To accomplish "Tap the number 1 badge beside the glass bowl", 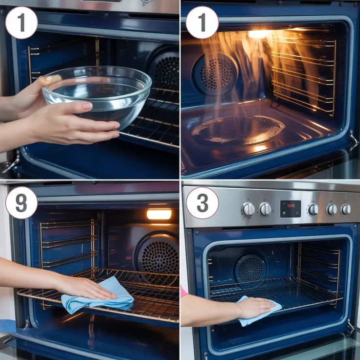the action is [x=22, y=22].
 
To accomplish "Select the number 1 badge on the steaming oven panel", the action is [x=202, y=22].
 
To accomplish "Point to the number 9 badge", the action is [x=22, y=202].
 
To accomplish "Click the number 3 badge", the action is [x=202, y=203].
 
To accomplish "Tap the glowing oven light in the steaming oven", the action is [x=259, y=34].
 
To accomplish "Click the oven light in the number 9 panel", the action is [x=159, y=214].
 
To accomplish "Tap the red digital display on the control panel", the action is [x=291, y=209].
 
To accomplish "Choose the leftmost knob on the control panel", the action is [x=248, y=209].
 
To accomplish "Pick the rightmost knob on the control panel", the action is [x=346, y=209].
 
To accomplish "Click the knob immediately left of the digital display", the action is [x=266, y=209].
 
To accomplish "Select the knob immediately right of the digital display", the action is [x=313, y=209].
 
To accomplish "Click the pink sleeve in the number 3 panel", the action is [x=183, y=292].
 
